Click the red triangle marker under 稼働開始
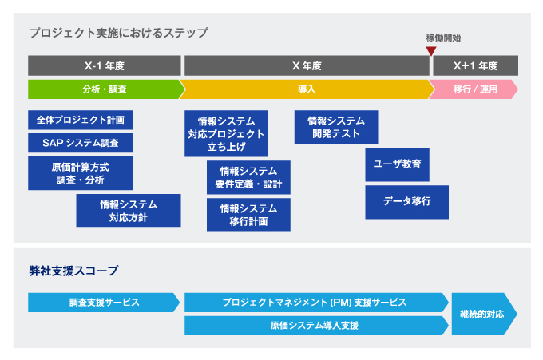tap(431, 51)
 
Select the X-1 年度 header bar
tap(105, 65)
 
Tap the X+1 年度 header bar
tap(475, 65)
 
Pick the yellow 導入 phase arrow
tap(307, 89)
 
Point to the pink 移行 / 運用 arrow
tap(474, 89)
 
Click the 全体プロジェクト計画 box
tap(81, 120)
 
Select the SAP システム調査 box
tap(81, 143)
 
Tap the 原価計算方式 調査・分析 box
tap(81, 173)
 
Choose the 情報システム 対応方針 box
tap(129, 211)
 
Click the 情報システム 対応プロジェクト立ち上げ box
tap(226, 133)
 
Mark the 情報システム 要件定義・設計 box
tap(248, 177)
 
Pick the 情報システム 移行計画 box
tap(248, 215)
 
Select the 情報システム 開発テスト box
tap(336, 127)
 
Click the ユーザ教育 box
tap(397, 164)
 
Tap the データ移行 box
tap(407, 202)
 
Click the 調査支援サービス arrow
tap(104, 303)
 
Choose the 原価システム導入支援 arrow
tap(316, 326)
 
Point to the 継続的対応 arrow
tap(485, 314)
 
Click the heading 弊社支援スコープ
tap(73, 271)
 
